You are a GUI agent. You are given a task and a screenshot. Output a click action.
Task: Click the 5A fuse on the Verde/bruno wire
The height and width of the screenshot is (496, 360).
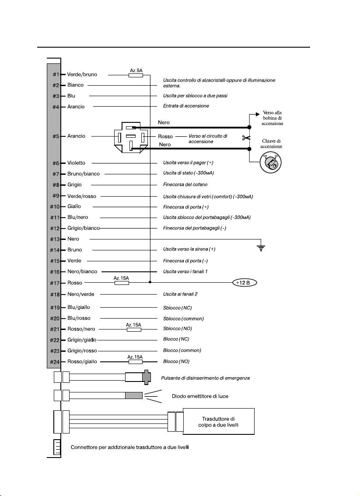136,75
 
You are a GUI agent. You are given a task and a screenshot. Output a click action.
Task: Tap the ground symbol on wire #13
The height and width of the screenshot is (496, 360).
262,248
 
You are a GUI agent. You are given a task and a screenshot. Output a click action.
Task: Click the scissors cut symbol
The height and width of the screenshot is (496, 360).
246,138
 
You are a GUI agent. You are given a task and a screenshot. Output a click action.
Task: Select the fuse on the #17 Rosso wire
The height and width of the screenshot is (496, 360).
122,283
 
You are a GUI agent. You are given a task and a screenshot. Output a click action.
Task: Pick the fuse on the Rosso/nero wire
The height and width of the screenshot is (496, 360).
134,330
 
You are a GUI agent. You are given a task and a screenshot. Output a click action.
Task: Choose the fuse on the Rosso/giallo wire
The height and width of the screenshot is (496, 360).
135,362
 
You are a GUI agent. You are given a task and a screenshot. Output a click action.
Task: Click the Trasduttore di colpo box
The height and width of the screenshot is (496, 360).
218,421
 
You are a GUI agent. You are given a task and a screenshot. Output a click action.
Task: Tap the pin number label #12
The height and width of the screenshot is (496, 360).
55,228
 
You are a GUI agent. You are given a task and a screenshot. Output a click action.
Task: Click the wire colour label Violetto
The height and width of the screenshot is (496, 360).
76,163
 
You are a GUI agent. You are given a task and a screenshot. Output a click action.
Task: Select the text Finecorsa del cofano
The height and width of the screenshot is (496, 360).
185,184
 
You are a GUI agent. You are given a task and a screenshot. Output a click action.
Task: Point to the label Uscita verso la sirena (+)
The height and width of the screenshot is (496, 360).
189,249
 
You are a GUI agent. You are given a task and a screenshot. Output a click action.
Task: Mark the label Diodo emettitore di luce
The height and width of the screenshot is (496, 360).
200,396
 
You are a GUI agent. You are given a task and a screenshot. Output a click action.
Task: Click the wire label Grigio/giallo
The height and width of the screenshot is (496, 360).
82,340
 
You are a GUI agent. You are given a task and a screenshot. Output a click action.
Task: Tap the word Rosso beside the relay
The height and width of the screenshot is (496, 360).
165,136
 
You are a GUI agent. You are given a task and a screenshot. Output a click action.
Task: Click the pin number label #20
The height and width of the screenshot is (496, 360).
55,318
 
